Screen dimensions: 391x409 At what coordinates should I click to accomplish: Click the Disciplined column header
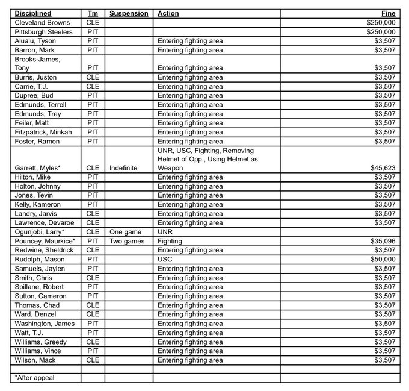coord(33,13)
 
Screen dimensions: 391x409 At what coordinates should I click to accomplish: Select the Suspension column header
coord(129,13)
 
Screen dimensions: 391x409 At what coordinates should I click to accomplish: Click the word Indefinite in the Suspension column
coord(125,168)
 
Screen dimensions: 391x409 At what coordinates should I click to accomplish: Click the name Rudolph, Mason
coord(39,260)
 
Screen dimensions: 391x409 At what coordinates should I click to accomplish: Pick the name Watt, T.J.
coord(30,333)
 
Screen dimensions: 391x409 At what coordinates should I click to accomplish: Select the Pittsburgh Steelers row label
coord(44,31)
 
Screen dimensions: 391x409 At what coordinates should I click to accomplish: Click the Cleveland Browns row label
coord(42,22)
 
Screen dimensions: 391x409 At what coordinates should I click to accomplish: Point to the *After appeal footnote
coord(34,377)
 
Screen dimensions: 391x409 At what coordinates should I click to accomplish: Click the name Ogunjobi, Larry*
coord(40,232)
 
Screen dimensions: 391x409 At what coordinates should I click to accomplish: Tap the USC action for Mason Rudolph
coord(165,260)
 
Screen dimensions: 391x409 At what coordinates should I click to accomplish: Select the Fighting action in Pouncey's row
coord(170,241)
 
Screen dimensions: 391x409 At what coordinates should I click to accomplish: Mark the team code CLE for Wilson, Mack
coord(93,360)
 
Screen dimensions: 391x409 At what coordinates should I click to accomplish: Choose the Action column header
coord(168,13)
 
